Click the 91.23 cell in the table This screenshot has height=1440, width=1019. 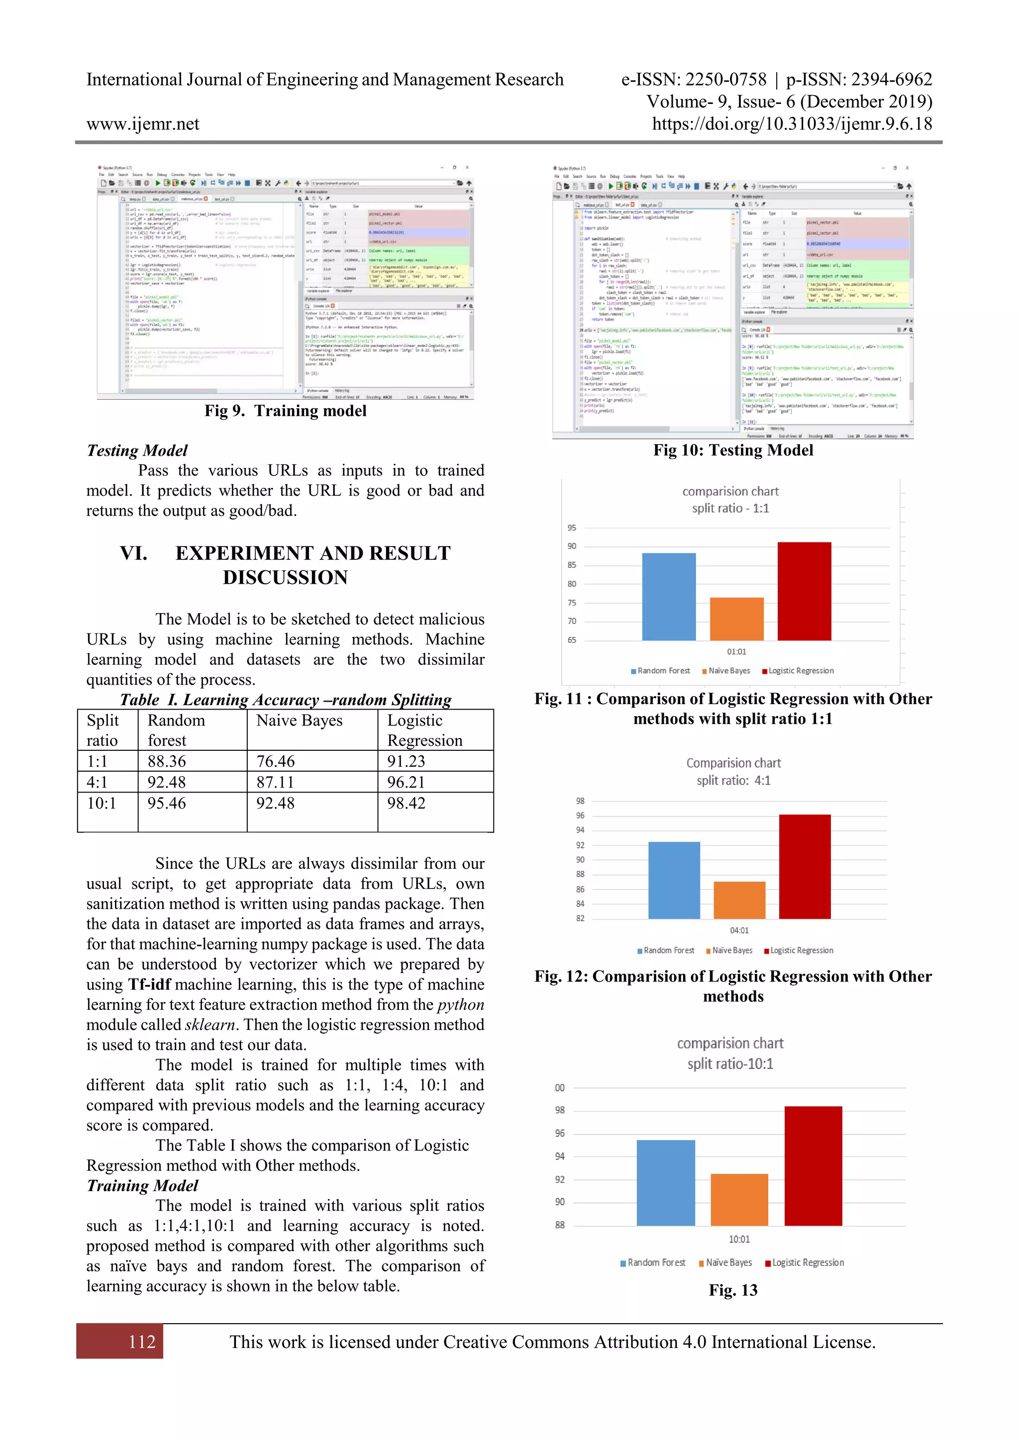click(406, 761)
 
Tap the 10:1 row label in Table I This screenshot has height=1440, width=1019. click(102, 804)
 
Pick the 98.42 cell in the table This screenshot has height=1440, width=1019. click(406, 804)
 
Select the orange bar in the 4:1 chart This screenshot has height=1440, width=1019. click(739, 900)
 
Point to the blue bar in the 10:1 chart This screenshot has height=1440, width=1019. click(665, 1182)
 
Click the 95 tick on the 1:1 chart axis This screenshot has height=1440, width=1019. click(572, 528)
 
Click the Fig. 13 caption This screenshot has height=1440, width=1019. click(733, 1290)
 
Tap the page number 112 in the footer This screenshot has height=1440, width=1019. click(142, 1342)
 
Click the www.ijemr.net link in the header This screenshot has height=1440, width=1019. click(143, 124)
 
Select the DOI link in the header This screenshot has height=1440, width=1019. click(792, 124)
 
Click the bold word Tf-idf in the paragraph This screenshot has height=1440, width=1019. click(149, 985)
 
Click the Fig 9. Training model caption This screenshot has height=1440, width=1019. click(286, 411)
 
